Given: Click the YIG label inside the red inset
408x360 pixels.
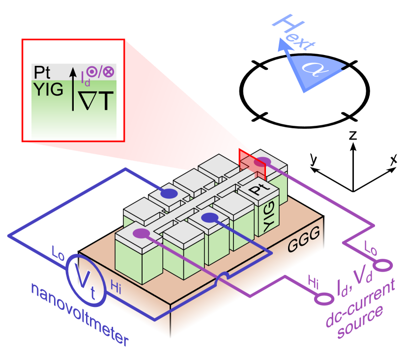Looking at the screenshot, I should coord(48,89).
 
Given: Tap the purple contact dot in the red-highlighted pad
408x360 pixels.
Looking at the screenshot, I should coord(262,162).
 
